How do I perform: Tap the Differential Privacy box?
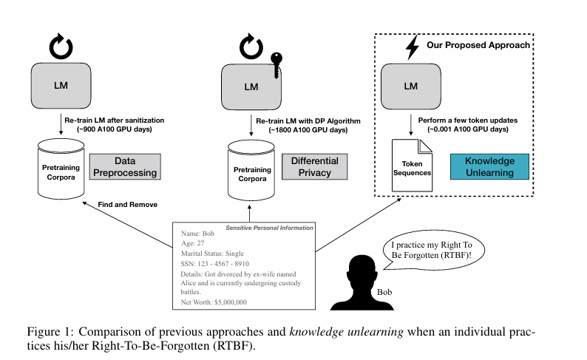click(314, 166)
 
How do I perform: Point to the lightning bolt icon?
click(413, 49)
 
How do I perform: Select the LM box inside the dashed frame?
click(410, 86)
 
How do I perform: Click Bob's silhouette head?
click(362, 268)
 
